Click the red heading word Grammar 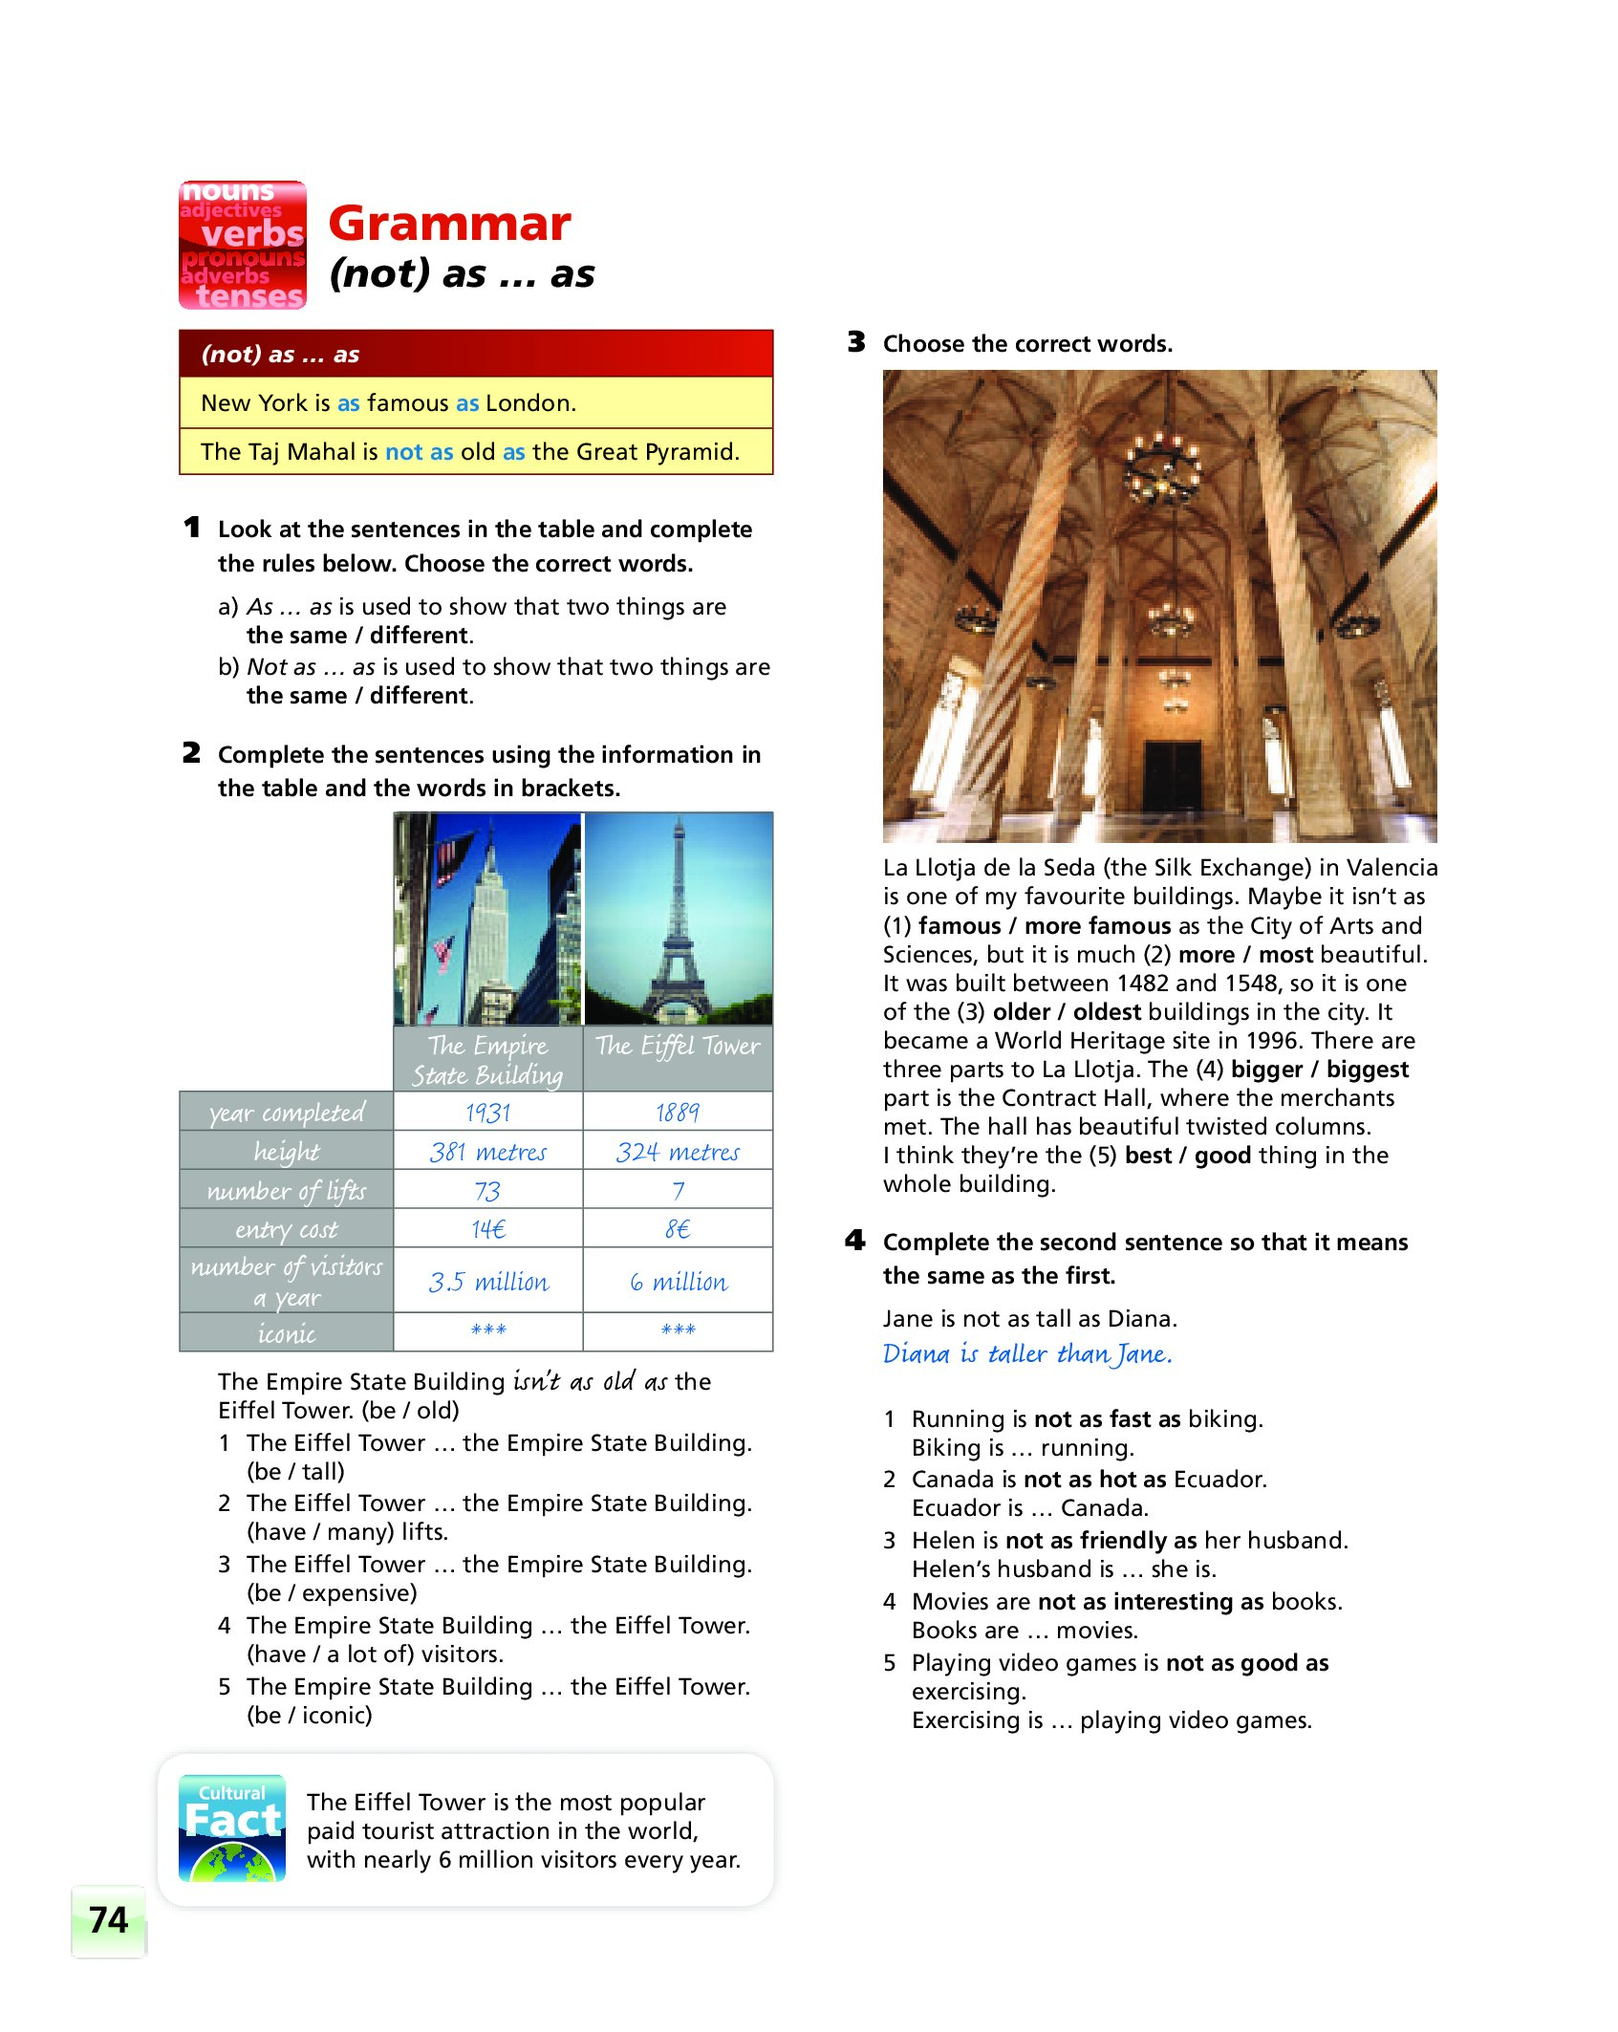pos(449,225)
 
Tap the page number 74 pos(108,1920)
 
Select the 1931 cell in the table pos(487,1113)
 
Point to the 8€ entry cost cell pos(678,1229)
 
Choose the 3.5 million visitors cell pos(487,1282)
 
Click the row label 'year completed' pos(287,1113)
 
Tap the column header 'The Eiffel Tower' pos(678,1047)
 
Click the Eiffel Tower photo pos(678,919)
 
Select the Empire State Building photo pos(487,919)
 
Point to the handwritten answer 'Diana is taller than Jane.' pos(1026,1354)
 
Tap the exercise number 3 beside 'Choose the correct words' pos(856,342)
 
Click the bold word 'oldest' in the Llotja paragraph pos(1107,1012)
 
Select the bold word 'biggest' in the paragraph pos(1367,1070)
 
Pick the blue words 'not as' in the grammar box pos(419,452)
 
